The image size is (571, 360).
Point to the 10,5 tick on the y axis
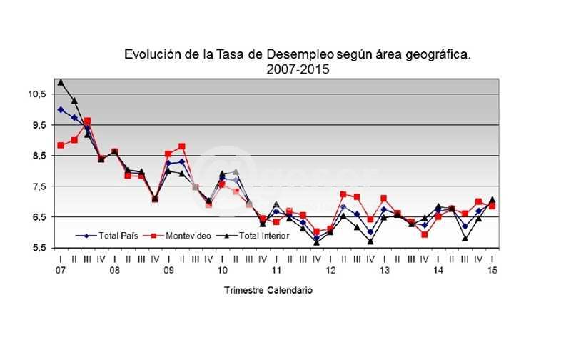click(38, 94)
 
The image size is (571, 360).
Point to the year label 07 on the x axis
click(61, 271)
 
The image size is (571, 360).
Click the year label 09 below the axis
click(168, 271)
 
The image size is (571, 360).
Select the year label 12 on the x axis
click(330, 271)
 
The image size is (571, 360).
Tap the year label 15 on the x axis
click(492, 271)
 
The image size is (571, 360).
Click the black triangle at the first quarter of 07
click(61, 82)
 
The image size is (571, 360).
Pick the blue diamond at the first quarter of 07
click(61, 110)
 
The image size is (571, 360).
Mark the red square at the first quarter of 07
click(61, 146)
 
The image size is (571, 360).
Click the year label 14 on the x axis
click(438, 271)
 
